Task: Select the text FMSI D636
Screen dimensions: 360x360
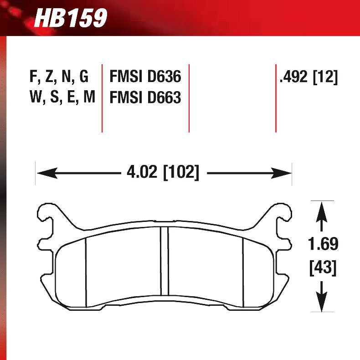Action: click(145, 77)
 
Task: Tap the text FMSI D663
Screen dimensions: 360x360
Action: click(145, 98)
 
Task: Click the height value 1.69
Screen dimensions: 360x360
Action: click(323, 245)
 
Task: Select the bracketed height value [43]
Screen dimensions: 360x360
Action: click(323, 267)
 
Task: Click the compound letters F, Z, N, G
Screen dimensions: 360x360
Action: click(59, 77)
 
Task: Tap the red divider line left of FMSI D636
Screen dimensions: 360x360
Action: click(102, 98)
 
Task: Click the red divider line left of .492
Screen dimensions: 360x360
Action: click(276, 98)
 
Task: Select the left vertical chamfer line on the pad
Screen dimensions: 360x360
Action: click(86, 272)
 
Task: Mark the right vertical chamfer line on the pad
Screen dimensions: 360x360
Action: click(243, 272)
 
